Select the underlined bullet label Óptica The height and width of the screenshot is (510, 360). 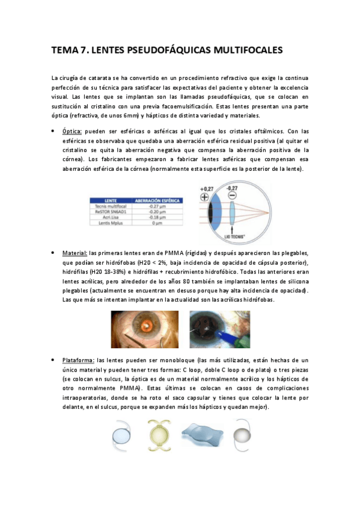point(73,131)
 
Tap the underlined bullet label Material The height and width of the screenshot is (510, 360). point(75,253)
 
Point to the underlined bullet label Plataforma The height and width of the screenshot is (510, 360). point(78,360)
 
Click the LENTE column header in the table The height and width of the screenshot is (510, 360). point(110,200)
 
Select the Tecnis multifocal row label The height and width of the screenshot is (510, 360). point(110,206)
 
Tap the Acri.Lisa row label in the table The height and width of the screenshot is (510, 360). point(110,217)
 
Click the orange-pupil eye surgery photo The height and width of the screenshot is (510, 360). point(145,329)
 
